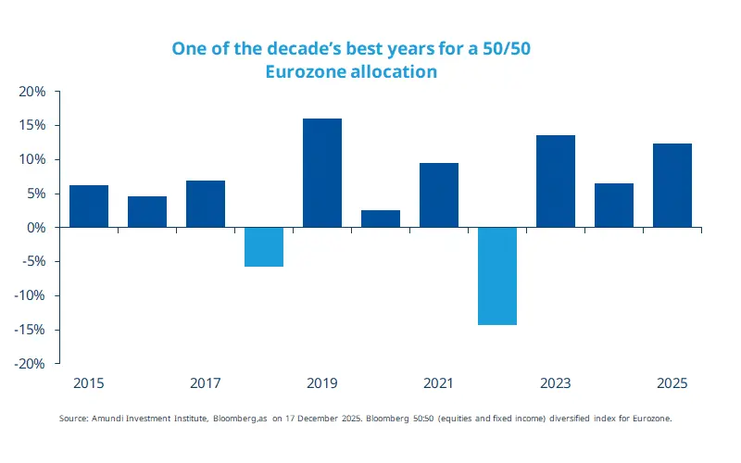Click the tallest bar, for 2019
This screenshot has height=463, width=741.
tap(322, 172)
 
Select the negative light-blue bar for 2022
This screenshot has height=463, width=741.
tap(497, 276)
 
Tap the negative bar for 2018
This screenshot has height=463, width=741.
tap(264, 246)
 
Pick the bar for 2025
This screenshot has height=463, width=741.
tap(672, 185)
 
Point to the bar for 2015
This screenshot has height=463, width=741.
tap(89, 206)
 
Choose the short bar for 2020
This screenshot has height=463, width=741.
tap(381, 219)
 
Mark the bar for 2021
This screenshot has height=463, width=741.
tap(439, 194)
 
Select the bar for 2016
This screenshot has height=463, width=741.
tap(147, 211)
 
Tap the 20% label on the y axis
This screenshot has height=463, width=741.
tap(32, 92)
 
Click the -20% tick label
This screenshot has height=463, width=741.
tap(31, 364)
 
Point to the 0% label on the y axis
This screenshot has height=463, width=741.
tap(36, 228)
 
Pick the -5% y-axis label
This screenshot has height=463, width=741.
tap(33, 262)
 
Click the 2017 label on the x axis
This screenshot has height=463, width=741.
tap(206, 382)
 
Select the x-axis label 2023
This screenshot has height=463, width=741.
tap(556, 382)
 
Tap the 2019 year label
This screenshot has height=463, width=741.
tap(322, 382)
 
